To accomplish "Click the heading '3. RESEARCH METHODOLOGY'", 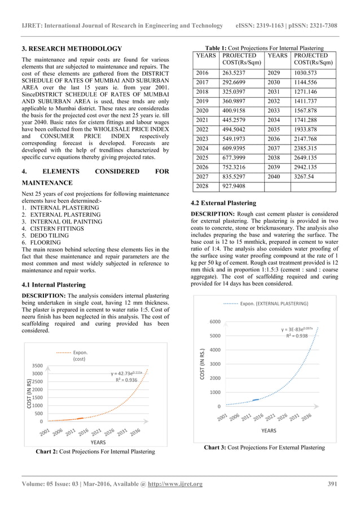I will tap(71, 49).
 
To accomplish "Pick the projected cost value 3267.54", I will tap(304, 178).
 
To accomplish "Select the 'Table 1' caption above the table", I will tap(267, 49).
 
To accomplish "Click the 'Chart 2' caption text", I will tap(95, 451).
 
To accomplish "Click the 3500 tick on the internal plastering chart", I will tap(38, 366).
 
